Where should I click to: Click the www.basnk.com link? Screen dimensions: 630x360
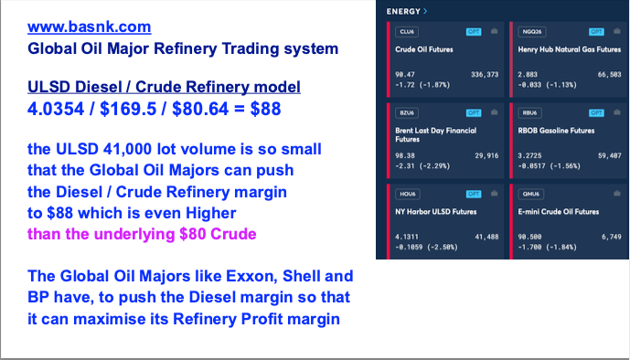(x=90, y=26)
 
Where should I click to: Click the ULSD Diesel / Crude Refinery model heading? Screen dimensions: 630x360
(x=164, y=87)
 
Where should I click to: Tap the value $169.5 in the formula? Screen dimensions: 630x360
(x=128, y=109)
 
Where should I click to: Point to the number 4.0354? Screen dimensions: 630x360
(x=56, y=109)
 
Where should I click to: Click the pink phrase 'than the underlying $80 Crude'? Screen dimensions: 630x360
(x=142, y=234)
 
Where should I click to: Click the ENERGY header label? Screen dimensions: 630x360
(x=403, y=12)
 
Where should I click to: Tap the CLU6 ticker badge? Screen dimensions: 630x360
(x=407, y=32)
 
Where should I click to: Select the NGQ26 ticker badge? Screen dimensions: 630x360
(x=532, y=32)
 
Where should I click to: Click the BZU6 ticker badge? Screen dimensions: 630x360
(x=407, y=112)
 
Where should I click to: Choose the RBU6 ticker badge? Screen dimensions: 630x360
(x=529, y=112)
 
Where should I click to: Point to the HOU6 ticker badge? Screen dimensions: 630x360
(x=408, y=194)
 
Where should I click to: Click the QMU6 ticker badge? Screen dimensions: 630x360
(x=530, y=194)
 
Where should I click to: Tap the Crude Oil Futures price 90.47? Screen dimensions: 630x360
(x=405, y=74)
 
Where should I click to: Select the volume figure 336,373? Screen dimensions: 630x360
(x=485, y=74)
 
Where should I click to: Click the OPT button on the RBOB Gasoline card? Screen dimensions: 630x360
(x=596, y=112)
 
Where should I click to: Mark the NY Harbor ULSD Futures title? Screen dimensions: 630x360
(x=436, y=211)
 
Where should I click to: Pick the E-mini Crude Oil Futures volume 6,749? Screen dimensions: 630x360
(x=611, y=237)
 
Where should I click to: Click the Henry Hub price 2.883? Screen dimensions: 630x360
(x=528, y=74)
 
